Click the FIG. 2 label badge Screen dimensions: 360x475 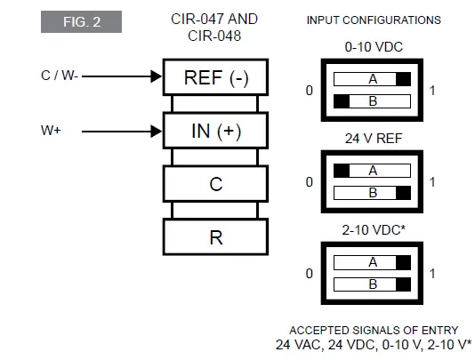tap(81, 21)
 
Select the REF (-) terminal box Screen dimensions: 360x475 tap(215, 77)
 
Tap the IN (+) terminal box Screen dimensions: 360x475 tap(215, 132)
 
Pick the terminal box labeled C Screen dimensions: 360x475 tap(215, 184)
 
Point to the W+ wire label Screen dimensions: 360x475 tap(51, 131)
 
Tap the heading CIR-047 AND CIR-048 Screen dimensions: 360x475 tap(213, 27)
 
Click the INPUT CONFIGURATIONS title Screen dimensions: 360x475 tap(374, 20)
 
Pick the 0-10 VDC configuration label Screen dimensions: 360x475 tap(372, 44)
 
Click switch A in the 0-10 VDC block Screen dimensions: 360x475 tap(372, 79)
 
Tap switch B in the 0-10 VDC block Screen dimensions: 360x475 tap(372, 101)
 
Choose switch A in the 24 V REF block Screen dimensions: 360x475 tap(372, 171)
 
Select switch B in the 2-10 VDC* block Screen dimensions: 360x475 tap(372, 285)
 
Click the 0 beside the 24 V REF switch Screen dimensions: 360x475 tap(310, 182)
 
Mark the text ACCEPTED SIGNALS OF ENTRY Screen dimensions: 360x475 tap(372, 330)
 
